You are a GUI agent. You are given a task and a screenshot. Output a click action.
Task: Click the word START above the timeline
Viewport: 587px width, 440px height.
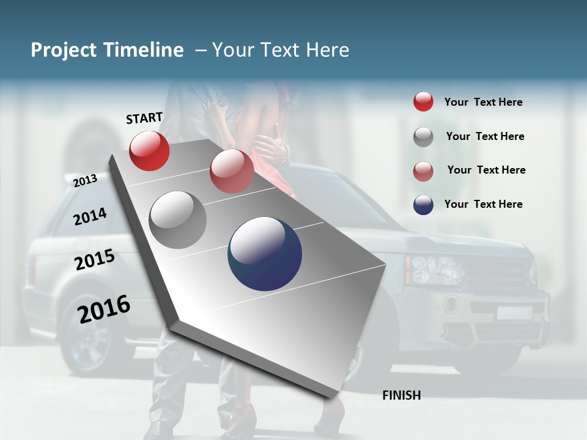pos(144,118)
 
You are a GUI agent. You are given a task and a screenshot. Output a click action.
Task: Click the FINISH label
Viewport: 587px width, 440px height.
pos(401,395)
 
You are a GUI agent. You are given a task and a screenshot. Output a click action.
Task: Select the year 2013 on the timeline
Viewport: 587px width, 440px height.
pos(85,180)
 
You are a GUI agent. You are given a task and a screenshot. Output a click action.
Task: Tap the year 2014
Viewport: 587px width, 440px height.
pos(90,216)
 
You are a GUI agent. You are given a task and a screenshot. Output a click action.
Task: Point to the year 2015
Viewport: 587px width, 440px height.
pos(95,259)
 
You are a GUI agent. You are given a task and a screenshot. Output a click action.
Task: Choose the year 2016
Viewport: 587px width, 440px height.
pos(104,309)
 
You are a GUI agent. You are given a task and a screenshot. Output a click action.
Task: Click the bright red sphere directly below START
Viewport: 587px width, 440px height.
pos(149,150)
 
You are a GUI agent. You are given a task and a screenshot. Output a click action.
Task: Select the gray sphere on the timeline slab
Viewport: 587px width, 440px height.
pos(178,220)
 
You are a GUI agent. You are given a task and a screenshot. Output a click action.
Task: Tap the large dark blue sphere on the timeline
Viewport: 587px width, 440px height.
pos(265,254)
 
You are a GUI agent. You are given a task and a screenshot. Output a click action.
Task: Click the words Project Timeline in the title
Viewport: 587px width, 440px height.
pos(107,50)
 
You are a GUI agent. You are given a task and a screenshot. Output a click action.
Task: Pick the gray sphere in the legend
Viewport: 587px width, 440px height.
pos(423,137)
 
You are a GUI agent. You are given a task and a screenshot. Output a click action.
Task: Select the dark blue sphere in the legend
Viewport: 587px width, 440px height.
pos(423,205)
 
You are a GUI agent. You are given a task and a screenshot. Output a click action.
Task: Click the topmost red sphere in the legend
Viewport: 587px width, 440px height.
pos(423,101)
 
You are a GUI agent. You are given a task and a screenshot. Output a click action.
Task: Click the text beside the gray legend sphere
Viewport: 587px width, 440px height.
pos(485,136)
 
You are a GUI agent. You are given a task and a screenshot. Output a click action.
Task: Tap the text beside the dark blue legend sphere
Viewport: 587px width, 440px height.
pos(483,204)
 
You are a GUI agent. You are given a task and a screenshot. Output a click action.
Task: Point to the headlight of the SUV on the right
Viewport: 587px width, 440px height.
pos(436,269)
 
